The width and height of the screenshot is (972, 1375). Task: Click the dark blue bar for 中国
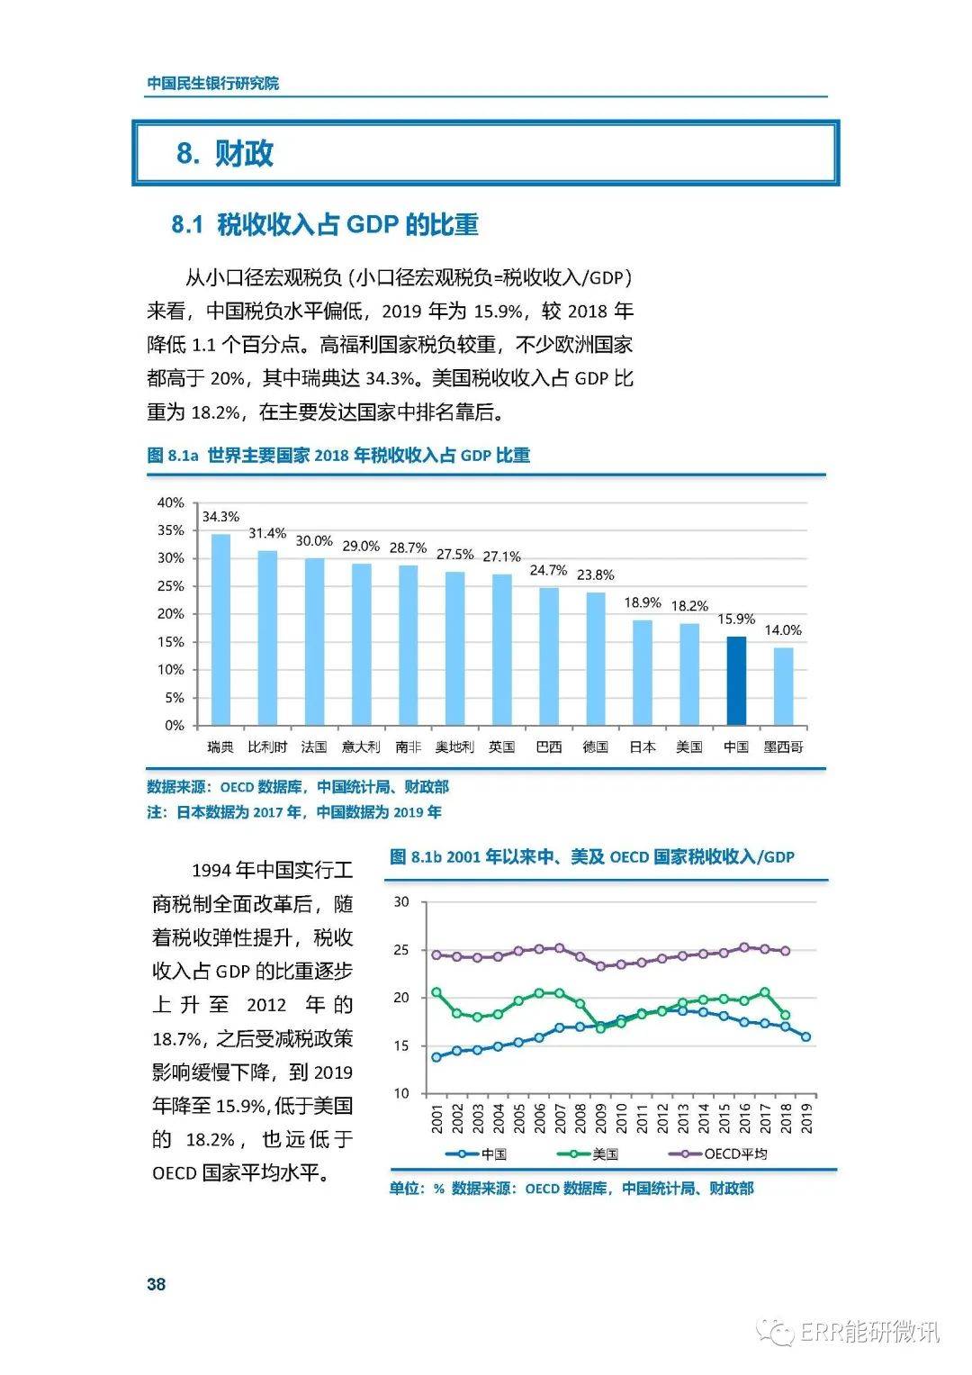tap(736, 681)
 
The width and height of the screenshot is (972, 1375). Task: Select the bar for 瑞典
tap(220, 629)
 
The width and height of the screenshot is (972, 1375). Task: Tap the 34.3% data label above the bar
tap(220, 517)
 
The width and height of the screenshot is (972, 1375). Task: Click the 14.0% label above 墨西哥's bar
tap(783, 630)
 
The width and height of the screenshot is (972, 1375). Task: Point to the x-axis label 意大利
tap(361, 746)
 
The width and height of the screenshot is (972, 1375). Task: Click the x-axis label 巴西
tap(549, 746)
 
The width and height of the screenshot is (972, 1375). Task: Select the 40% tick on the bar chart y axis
tap(171, 502)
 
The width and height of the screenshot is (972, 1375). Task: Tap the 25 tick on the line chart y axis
tap(401, 950)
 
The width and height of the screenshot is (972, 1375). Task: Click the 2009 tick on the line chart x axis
tap(601, 1119)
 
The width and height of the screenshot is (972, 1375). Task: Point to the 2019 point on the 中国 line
tap(805, 1036)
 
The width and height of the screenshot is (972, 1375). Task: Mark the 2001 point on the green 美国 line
tap(436, 992)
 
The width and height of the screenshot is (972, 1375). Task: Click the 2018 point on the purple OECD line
tap(786, 951)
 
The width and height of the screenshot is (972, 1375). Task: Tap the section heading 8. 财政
tap(225, 153)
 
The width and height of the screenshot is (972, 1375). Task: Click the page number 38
tap(157, 1284)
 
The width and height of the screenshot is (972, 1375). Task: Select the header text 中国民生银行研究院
tap(213, 83)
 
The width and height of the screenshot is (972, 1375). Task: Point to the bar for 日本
tap(643, 672)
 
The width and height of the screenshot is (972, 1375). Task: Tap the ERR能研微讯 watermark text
tap(868, 1332)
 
